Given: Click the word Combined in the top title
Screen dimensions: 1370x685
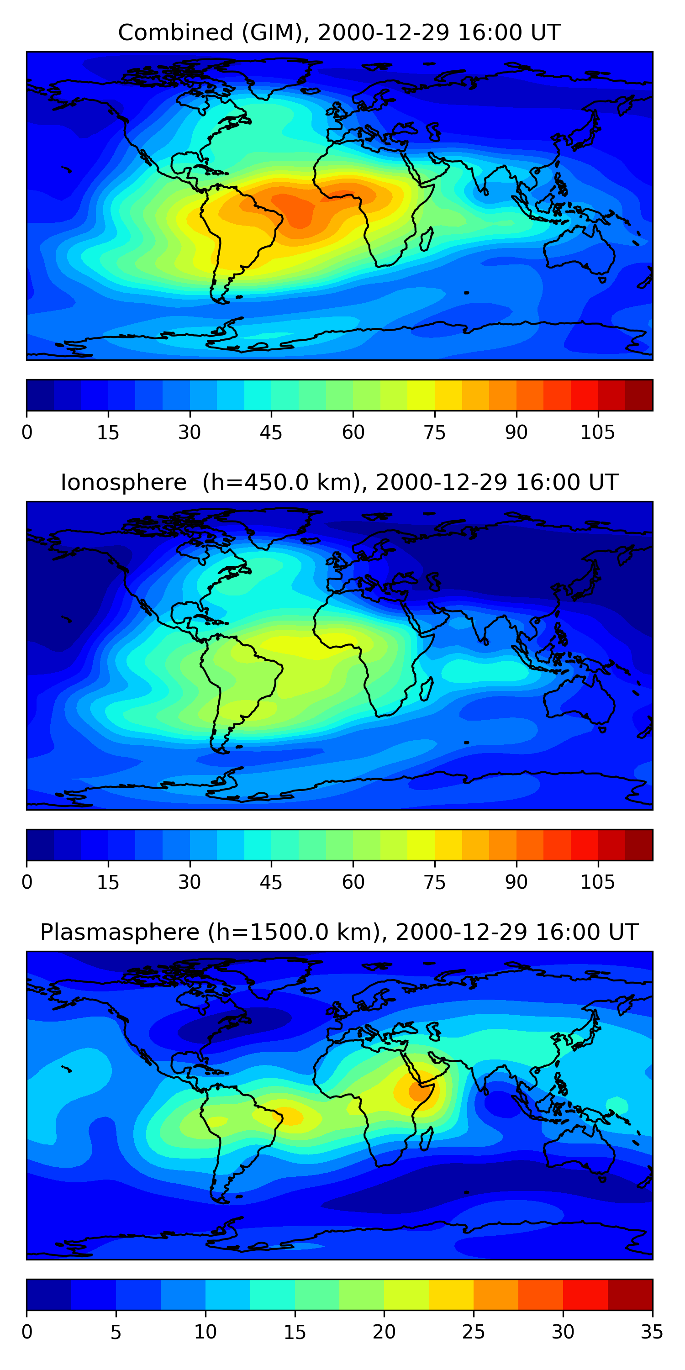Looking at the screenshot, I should point(175,32).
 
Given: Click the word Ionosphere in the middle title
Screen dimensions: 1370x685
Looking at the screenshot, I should point(123,482).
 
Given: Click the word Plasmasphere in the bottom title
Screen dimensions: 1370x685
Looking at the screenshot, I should point(119,933).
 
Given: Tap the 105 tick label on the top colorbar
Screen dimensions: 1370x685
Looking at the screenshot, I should point(597,432).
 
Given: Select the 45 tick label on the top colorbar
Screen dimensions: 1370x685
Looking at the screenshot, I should point(271,432).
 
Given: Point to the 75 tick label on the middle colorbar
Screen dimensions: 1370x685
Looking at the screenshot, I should point(434,882).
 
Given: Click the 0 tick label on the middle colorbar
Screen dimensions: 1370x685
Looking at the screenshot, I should point(27,882).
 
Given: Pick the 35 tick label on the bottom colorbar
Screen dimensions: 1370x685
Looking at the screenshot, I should point(652,1332).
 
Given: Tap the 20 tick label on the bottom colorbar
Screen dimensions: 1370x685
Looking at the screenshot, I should point(384,1332).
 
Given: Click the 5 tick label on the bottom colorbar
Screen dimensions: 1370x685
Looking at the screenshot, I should point(116,1332).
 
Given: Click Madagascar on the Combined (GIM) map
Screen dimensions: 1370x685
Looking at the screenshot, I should point(427,239).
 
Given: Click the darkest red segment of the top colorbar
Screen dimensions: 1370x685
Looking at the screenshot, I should point(639,395).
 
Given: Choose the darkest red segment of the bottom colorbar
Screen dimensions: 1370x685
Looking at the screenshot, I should point(630,1295).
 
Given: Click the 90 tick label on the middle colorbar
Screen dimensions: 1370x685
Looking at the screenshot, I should point(516,882).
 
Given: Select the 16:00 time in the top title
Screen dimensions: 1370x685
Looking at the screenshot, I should point(482,32).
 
